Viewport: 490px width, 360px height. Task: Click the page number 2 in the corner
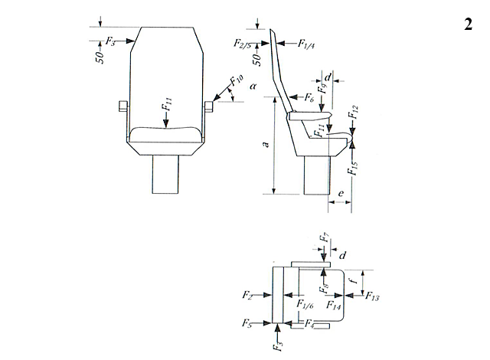pos(468,24)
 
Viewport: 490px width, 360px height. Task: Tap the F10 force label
pos(237,80)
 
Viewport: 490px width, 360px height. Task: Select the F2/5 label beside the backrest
pos(243,43)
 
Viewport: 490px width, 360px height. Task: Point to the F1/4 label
pos(306,44)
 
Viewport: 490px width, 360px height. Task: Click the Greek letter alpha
pos(253,86)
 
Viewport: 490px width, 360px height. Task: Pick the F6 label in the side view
pos(309,98)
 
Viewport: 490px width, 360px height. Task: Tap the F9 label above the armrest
pos(323,88)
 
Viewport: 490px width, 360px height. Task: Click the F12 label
pos(354,112)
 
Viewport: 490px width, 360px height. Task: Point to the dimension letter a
pos(266,144)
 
